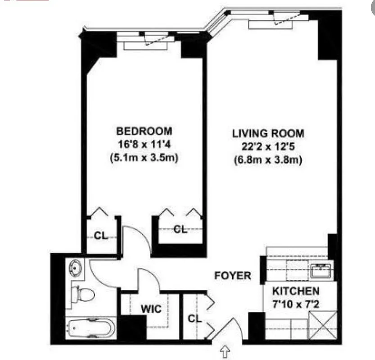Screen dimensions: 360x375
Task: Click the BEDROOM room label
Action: (x=144, y=131)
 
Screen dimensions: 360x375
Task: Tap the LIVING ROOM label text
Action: (x=268, y=133)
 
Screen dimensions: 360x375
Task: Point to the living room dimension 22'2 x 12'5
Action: (x=268, y=147)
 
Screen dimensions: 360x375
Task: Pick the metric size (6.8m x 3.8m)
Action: (x=268, y=160)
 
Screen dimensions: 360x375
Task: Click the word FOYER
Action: (x=232, y=275)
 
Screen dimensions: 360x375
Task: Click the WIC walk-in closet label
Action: (x=151, y=310)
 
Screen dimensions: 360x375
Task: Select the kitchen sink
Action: (x=321, y=270)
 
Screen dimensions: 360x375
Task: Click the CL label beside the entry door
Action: (x=194, y=319)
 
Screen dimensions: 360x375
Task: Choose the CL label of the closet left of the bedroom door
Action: (x=101, y=235)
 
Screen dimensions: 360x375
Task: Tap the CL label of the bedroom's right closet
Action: (x=181, y=229)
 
